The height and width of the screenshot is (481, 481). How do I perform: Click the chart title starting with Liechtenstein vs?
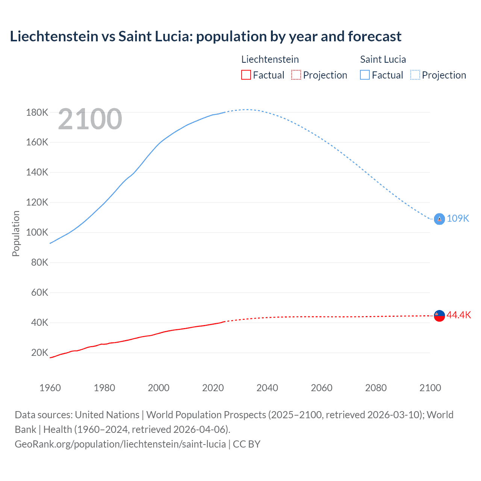click(206, 36)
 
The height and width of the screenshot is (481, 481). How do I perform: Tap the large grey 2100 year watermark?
click(90, 119)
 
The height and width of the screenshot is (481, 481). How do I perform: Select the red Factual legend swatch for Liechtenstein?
click(246, 75)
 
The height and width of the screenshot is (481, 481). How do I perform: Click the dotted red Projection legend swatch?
click(296, 75)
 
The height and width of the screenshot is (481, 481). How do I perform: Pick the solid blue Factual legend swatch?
click(365, 75)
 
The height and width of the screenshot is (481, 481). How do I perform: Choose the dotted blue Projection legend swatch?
click(415, 75)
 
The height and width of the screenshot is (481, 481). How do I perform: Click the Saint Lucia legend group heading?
click(383, 59)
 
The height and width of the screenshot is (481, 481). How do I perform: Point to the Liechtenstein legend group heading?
click(270, 59)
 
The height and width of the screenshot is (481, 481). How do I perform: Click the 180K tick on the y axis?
click(37, 112)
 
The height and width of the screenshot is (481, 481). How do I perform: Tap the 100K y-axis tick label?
click(37, 232)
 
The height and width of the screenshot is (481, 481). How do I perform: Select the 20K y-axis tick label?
click(39, 352)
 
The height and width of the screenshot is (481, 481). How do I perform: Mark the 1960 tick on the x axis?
click(50, 388)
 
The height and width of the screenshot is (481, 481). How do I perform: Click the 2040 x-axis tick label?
click(267, 388)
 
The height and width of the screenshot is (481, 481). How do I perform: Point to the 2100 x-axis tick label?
click(430, 388)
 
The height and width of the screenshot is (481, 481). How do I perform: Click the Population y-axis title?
click(16, 233)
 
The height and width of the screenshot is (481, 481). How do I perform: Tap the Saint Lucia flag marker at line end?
click(439, 219)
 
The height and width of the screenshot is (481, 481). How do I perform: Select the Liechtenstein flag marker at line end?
click(439, 316)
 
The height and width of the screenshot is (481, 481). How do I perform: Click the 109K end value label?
click(458, 219)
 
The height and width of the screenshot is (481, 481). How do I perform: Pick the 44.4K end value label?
click(458, 315)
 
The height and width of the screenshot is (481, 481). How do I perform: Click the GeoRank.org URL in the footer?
click(120, 444)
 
